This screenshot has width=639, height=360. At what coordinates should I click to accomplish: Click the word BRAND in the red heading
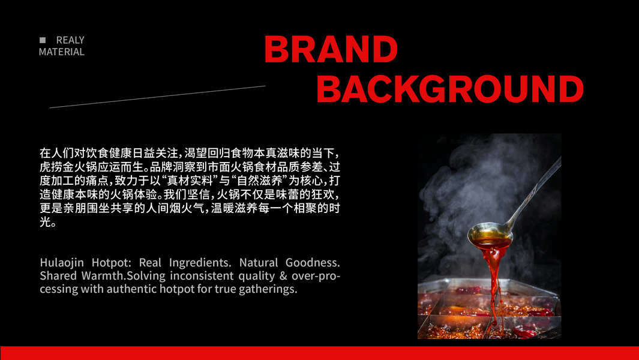331,49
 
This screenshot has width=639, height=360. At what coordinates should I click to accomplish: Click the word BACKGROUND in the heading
450,89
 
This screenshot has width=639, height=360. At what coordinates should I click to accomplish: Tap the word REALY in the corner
70,40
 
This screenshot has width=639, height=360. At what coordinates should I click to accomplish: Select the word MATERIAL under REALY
62,52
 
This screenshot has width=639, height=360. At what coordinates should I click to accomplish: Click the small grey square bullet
43,40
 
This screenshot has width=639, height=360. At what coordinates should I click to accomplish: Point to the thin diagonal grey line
157,97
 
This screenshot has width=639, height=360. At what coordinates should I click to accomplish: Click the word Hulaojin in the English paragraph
63,262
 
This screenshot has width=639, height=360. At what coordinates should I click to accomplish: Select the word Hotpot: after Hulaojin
111,262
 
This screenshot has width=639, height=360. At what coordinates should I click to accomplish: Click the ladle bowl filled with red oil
490,235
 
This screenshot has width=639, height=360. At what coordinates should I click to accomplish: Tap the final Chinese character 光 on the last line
45,222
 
